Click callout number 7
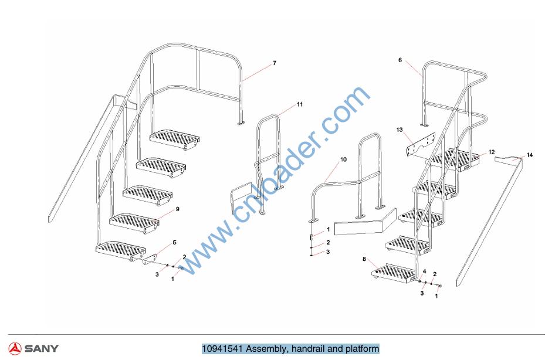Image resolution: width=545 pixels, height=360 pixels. [x=275, y=63]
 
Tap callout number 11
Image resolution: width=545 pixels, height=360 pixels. [x=300, y=104]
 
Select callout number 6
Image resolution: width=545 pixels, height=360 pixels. [x=400, y=60]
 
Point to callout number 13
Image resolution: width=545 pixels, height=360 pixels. [x=400, y=130]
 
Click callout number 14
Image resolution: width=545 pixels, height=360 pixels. [x=529, y=155]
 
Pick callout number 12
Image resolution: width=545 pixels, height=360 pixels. [x=492, y=152]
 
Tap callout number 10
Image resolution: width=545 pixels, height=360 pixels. [x=343, y=159]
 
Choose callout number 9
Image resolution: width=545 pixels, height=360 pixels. [x=178, y=209]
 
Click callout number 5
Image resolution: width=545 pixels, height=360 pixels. [x=174, y=242]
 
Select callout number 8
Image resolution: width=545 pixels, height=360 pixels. [x=364, y=259]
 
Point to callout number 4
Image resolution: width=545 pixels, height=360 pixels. [x=424, y=271]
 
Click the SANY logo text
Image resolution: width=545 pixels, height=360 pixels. [x=42, y=348]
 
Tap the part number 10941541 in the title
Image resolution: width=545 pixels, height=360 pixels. [x=223, y=348]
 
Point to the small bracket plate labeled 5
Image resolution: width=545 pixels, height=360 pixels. [x=150, y=260]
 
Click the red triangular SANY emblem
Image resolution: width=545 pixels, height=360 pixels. [x=15, y=348]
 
